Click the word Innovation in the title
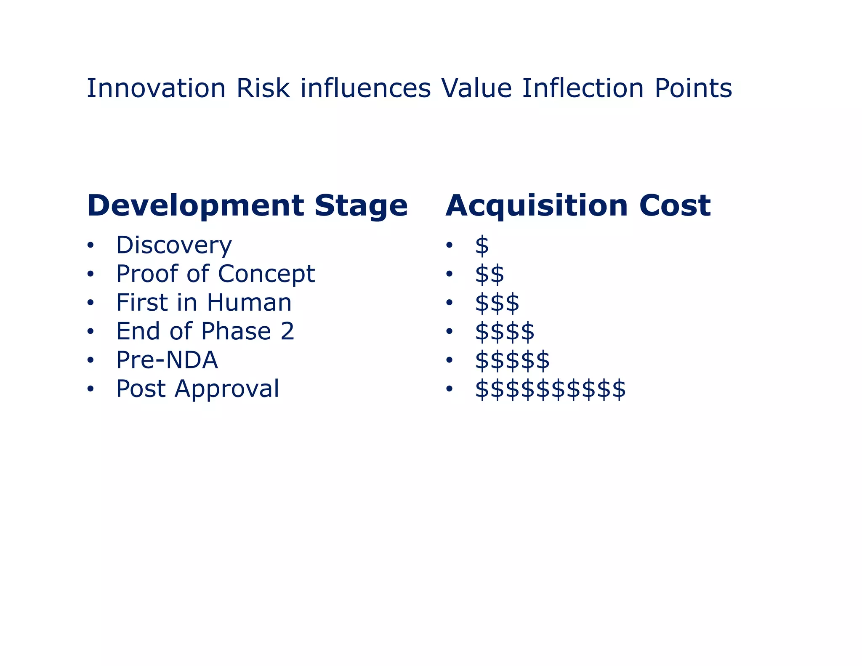point(156,88)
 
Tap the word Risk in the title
point(263,88)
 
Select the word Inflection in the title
point(583,88)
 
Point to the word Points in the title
point(693,88)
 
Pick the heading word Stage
point(361,206)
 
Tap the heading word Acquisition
point(537,206)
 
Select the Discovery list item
point(174,245)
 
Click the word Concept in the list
point(266,274)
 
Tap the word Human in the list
point(249,303)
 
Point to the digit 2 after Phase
point(287,331)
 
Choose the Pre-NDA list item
point(167,360)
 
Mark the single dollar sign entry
point(482,246)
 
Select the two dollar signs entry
point(490,274)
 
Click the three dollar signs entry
point(497,303)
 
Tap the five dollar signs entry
point(512,360)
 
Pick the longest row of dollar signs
point(550,389)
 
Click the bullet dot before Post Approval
point(90,389)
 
